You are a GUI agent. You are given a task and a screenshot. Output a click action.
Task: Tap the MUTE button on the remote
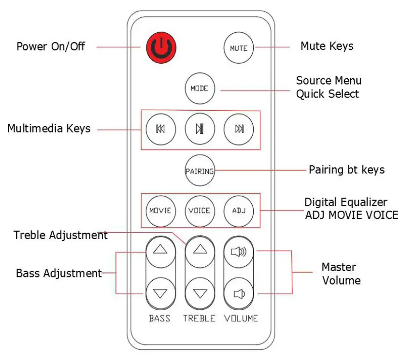(239, 48)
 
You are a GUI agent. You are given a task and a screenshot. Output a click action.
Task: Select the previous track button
(160, 129)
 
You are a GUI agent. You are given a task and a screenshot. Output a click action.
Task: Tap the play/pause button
(200, 129)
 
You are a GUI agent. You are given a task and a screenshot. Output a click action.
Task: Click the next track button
(239, 129)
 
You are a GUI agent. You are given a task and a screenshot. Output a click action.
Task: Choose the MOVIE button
(160, 211)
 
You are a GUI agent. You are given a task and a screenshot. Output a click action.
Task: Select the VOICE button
(200, 211)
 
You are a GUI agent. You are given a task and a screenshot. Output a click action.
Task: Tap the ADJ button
(239, 211)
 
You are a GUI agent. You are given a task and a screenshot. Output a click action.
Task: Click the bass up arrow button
(160, 250)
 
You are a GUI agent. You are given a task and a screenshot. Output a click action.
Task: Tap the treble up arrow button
(200, 250)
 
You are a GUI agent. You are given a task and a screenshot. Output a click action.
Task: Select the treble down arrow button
(200, 293)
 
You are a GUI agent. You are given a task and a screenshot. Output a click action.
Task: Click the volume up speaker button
(239, 250)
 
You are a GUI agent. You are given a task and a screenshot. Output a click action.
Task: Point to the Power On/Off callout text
(51, 47)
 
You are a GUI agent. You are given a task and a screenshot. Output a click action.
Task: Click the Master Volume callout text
(341, 274)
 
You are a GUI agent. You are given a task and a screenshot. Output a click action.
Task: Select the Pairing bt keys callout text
(347, 170)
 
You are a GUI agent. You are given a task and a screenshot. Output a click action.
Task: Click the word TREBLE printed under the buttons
(199, 318)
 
